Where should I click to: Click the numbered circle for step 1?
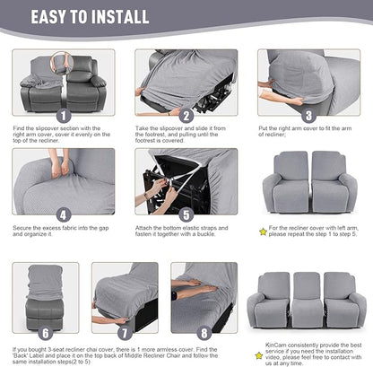pyautogui.click(x=63, y=116)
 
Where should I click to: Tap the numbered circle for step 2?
pyautogui.click(x=186, y=116)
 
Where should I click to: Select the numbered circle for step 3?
pyautogui.click(x=308, y=116)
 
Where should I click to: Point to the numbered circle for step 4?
pyautogui.click(x=63, y=215)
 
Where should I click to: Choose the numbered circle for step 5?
pyautogui.click(x=186, y=215)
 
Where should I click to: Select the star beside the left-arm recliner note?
pyautogui.click(x=262, y=232)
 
